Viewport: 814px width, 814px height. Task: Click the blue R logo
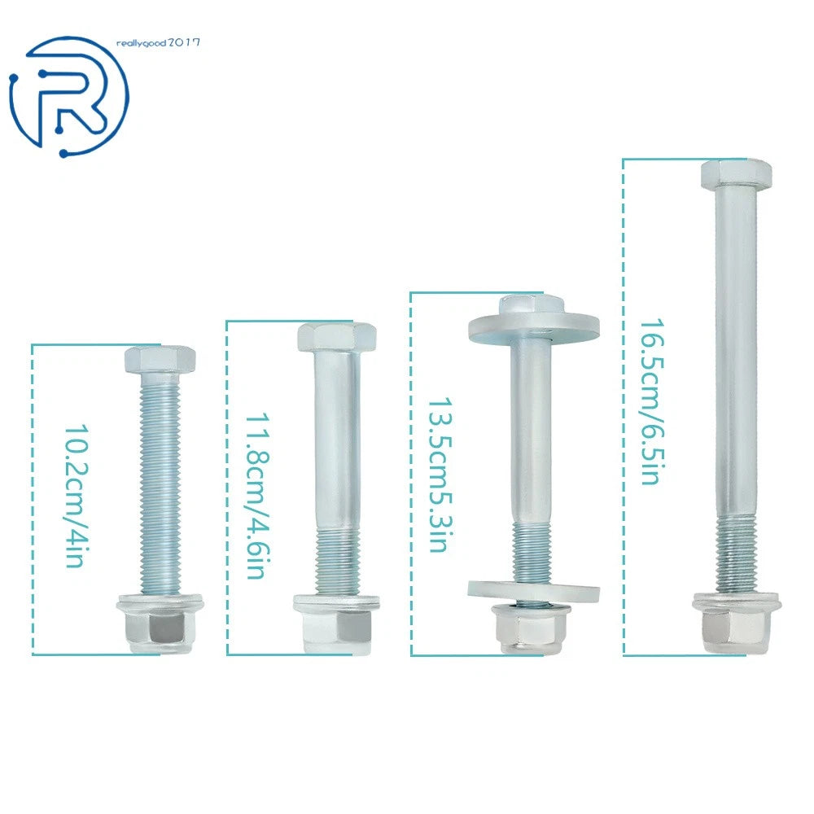(x=68, y=97)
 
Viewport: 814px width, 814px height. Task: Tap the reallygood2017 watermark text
(x=158, y=42)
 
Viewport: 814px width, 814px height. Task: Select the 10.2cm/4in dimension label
(x=77, y=497)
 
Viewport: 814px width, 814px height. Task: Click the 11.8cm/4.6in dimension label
(x=257, y=497)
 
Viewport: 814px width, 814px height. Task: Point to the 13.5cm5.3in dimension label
(x=440, y=475)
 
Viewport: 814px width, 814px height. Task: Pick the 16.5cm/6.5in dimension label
(x=652, y=402)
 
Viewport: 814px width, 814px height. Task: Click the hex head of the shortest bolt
(x=160, y=359)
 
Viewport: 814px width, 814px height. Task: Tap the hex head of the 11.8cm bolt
(x=336, y=338)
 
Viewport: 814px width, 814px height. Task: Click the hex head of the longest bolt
(x=736, y=174)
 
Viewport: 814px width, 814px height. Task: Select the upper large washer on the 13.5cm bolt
(x=534, y=328)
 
